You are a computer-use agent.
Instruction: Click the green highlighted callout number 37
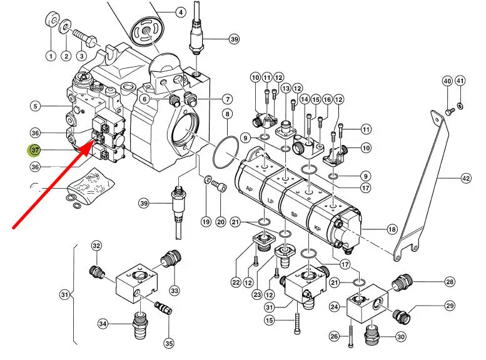click(35, 150)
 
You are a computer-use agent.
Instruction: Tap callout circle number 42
click(465, 179)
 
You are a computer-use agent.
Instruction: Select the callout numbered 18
click(392, 230)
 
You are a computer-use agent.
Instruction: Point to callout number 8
click(227, 114)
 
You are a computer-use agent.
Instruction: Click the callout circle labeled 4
click(180, 12)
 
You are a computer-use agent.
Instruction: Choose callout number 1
click(50, 56)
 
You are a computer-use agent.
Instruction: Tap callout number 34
click(103, 323)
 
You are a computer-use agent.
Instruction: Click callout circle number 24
click(335, 307)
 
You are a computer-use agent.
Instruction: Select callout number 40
click(447, 81)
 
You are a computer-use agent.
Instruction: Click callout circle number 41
click(460, 81)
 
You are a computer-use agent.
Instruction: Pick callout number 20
click(220, 222)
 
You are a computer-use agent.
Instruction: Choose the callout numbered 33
click(175, 290)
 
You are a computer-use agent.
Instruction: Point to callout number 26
click(335, 337)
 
